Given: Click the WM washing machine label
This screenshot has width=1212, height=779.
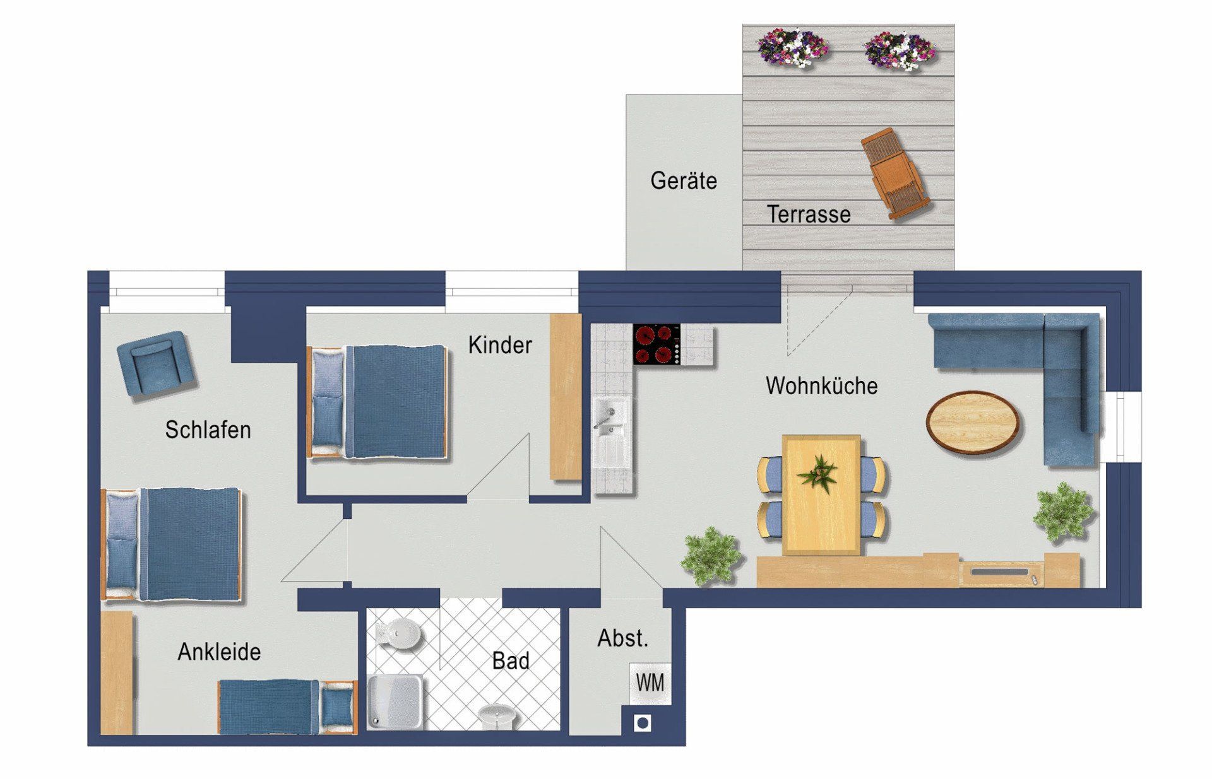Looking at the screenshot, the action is click(650, 682).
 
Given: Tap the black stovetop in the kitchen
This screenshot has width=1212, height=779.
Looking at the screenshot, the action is click(657, 344).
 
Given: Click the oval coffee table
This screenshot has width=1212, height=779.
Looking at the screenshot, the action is click(973, 421).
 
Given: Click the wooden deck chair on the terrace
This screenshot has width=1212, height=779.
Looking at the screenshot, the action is click(895, 174).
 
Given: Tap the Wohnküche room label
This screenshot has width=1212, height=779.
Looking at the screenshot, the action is click(821, 385).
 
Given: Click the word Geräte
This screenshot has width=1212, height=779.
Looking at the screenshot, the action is click(684, 180).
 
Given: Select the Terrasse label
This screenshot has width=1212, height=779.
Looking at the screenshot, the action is click(809, 214).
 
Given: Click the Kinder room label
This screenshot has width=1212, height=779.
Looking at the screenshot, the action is click(500, 345).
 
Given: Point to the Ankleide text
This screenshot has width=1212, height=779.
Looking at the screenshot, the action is click(219, 652).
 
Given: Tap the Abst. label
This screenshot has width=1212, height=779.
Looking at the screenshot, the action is click(623, 638).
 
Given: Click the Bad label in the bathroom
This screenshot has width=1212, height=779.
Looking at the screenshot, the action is click(511, 661).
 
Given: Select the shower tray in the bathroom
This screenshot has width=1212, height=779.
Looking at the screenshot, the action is click(396, 702).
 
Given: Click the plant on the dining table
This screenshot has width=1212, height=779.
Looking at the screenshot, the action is click(819, 473).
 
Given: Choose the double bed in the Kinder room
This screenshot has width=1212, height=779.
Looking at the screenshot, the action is click(377, 401).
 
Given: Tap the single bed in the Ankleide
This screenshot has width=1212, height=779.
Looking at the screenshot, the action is click(288, 707).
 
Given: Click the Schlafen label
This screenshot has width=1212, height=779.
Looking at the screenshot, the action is click(208, 430).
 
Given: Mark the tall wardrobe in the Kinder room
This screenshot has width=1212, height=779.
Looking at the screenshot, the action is click(566, 397).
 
